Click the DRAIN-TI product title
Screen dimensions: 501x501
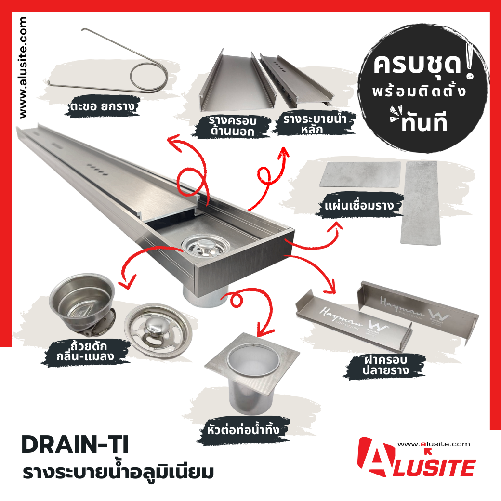75,445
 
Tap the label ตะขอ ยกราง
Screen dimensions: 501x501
103,106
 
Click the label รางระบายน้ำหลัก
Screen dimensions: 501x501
315,124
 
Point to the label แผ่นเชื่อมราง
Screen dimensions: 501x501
359,205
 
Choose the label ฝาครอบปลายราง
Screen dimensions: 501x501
386,365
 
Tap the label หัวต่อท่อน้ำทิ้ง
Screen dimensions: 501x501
243,430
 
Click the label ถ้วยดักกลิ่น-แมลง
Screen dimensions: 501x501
85,351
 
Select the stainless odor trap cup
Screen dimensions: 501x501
82,302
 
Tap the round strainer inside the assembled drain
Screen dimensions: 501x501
205,247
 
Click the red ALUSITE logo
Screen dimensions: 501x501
416,458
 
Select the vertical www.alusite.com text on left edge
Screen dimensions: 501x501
23,67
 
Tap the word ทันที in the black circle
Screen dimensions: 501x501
424,123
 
